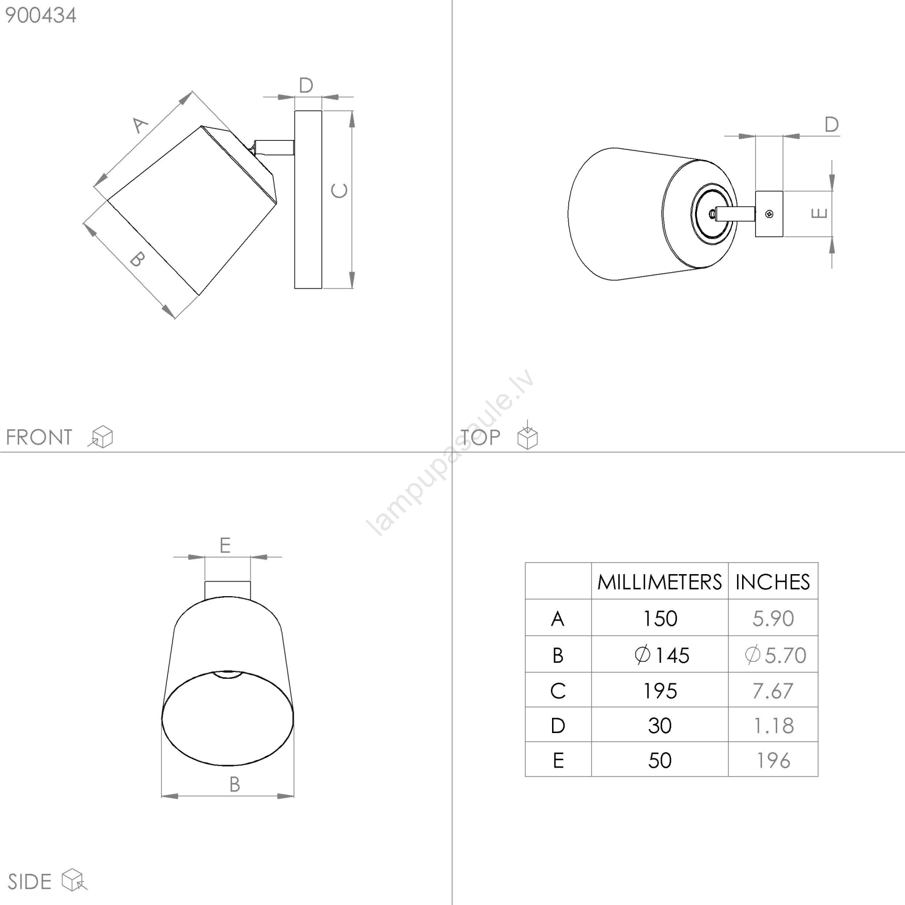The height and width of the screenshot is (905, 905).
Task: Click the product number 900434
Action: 41,15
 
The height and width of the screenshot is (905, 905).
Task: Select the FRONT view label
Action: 39,437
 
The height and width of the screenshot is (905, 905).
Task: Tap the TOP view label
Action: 480,437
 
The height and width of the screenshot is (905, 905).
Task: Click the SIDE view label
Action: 29,882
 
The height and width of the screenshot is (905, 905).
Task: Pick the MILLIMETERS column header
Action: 660,582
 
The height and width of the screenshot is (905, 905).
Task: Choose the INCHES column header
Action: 773,582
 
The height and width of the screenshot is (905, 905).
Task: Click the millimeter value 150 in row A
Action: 660,619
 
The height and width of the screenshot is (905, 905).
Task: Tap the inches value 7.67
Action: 773,691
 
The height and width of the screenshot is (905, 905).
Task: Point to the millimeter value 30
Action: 660,726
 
